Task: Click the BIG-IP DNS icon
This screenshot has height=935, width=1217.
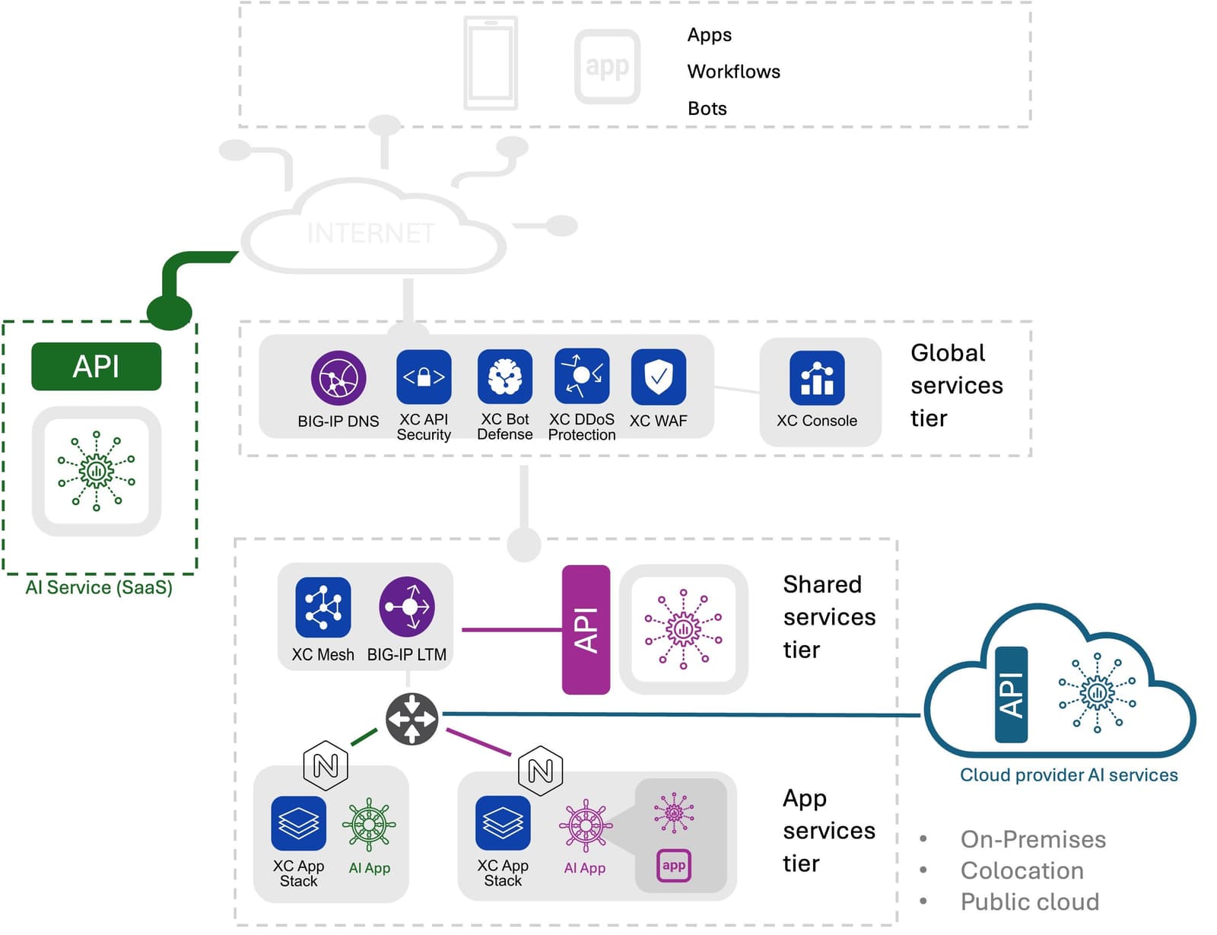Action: pyautogui.click(x=338, y=378)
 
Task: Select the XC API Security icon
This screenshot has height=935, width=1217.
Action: pyautogui.click(x=424, y=377)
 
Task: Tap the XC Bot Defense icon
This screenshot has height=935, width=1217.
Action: pyautogui.click(x=505, y=377)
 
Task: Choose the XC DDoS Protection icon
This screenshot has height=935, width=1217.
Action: pyautogui.click(x=582, y=376)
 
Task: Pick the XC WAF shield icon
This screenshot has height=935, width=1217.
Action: pyautogui.click(x=659, y=377)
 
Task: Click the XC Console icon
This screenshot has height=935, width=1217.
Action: pyautogui.click(x=817, y=378)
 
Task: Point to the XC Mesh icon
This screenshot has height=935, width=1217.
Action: pyautogui.click(x=323, y=607)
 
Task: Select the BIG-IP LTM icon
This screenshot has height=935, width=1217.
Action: pyautogui.click(x=408, y=607)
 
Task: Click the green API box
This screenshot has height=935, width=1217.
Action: pyautogui.click(x=96, y=367)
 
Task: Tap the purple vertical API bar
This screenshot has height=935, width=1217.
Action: pyautogui.click(x=586, y=630)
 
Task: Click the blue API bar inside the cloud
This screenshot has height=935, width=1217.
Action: pyautogui.click(x=1011, y=695)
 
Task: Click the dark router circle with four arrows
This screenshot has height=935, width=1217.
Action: pyautogui.click(x=411, y=718)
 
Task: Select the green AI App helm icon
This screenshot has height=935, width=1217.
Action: pyautogui.click(x=369, y=825)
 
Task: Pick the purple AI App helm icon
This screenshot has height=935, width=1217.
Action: pyautogui.click(x=585, y=825)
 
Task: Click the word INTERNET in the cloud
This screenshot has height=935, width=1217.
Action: pyautogui.click(x=371, y=233)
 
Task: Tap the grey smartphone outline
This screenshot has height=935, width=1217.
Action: pyautogui.click(x=491, y=63)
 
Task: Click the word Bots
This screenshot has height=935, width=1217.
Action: pyautogui.click(x=707, y=109)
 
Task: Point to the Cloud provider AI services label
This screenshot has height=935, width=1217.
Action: pyautogui.click(x=1069, y=775)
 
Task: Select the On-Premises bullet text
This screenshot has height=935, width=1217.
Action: pyautogui.click(x=1033, y=839)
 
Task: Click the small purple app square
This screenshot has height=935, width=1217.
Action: pyautogui.click(x=674, y=866)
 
